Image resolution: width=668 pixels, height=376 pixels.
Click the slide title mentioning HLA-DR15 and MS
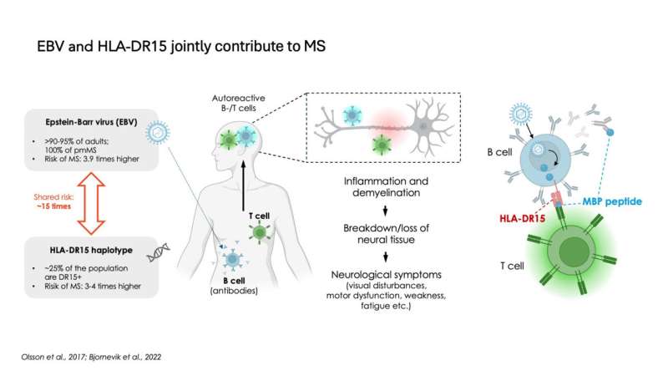click(181, 46)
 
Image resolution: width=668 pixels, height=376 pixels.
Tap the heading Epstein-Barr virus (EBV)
click(91, 122)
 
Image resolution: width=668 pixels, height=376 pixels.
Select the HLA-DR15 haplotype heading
click(91, 250)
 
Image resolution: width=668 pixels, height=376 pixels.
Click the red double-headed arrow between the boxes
click(91, 203)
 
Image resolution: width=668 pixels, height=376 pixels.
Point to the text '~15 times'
click(53, 206)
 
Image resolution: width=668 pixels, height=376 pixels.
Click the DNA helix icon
click(158, 252)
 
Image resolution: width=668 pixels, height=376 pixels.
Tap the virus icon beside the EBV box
click(158, 133)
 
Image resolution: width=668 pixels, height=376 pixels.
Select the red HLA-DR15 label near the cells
click(523, 219)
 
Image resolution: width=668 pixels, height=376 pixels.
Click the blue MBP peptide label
click(612, 201)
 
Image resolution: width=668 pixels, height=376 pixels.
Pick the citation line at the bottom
click(91, 357)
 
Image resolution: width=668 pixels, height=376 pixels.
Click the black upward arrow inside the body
click(243, 185)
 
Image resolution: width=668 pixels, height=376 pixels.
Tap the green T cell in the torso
click(259, 232)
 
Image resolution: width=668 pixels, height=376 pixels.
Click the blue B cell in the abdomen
click(232, 259)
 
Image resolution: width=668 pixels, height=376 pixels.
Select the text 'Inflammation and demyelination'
click(386, 186)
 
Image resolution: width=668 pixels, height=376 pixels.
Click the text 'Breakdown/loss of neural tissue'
click(386, 234)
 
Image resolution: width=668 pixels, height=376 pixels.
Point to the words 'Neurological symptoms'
click(386, 275)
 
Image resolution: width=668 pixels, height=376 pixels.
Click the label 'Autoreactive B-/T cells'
click(239, 103)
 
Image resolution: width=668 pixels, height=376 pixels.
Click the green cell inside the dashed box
click(382, 145)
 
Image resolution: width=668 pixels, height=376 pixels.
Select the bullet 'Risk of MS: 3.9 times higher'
click(92, 159)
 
